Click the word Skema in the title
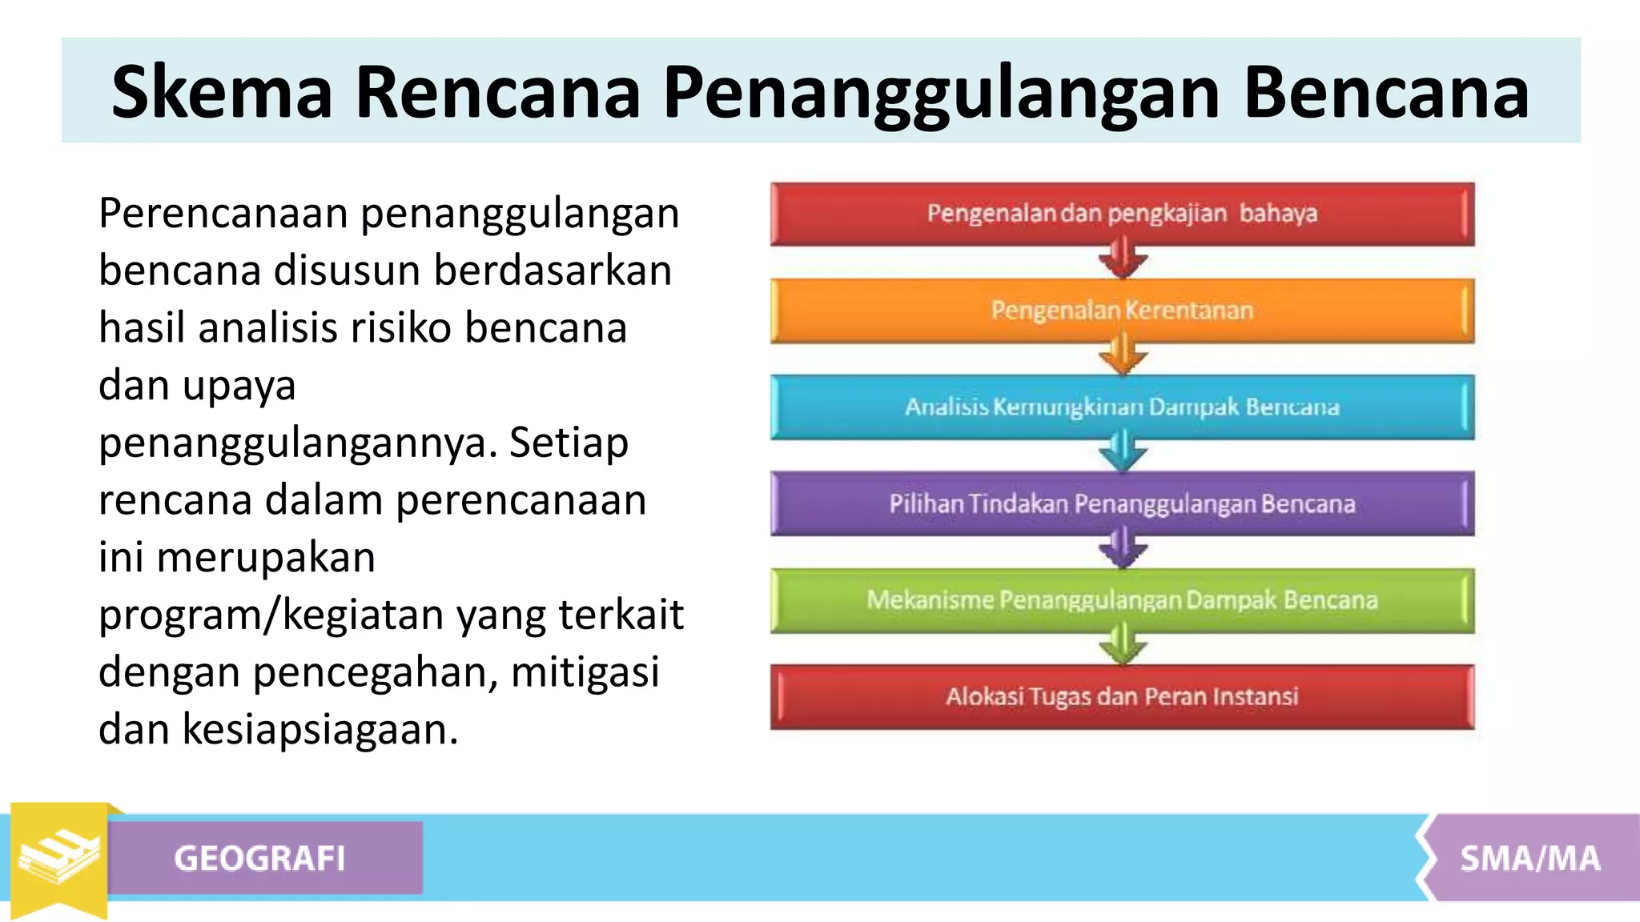(x=221, y=92)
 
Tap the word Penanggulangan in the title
(x=942, y=94)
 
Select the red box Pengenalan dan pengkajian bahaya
(x=1122, y=214)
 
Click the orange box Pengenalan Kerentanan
(x=1122, y=311)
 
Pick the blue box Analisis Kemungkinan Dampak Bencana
(x=1122, y=407)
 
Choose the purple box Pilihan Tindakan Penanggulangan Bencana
(x=1122, y=504)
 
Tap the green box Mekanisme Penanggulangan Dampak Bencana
(x=1122, y=600)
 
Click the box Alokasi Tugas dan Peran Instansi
(x=1122, y=697)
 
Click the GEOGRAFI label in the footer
(x=260, y=859)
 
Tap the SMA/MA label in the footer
(x=1529, y=859)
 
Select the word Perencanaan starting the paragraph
(x=223, y=214)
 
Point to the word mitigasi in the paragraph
(x=585, y=672)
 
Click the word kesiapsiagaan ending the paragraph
(x=320, y=730)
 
